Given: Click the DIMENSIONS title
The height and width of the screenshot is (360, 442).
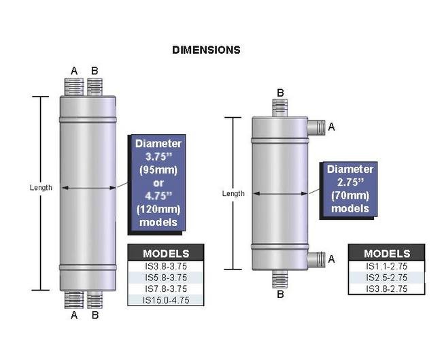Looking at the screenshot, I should point(206,50).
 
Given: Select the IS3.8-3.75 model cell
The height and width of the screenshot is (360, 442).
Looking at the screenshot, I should point(166,266).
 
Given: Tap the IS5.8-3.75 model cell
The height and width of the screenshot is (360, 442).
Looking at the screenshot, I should point(166,278).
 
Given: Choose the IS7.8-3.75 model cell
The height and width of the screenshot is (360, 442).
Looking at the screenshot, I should point(166,289).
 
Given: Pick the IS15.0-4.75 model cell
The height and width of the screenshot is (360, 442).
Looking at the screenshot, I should point(166,300).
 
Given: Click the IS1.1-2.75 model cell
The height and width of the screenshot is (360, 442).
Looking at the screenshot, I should point(386,266).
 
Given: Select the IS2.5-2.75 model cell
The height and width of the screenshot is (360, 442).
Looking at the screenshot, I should point(386,278).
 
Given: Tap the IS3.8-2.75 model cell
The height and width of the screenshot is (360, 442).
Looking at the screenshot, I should point(386,289).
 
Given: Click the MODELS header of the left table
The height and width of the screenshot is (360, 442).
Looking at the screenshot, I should point(166,253).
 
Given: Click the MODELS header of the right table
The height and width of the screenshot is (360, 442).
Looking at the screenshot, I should point(386,253).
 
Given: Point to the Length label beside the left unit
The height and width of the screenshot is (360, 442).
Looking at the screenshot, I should point(41,188).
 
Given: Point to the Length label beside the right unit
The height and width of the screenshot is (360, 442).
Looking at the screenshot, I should point(233,194).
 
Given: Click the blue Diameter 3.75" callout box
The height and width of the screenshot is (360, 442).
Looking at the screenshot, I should point(158,182).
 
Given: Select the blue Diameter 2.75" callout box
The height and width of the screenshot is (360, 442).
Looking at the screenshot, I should point(350,189).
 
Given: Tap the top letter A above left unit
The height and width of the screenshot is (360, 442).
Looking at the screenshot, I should point(74,70).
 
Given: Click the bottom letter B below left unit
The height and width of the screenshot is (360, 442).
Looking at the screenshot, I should point(95,315).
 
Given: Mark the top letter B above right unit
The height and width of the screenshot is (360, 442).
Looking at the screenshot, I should point(280,93).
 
